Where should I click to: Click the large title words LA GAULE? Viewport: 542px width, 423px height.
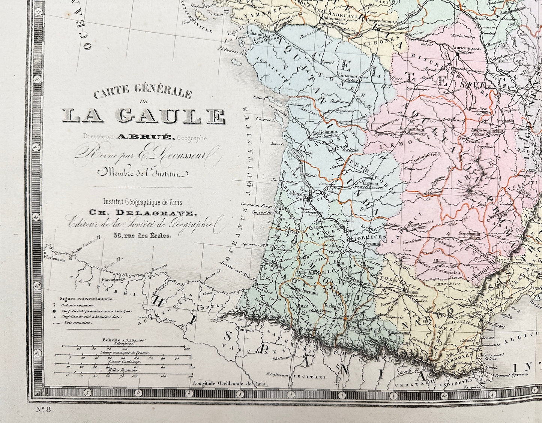[x=144, y=117]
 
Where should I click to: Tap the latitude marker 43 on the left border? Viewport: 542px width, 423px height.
[x=37, y=285]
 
